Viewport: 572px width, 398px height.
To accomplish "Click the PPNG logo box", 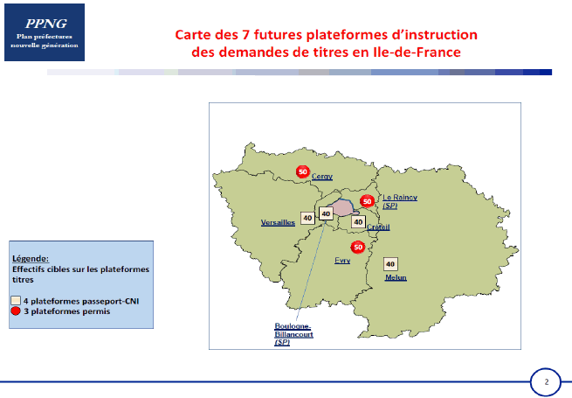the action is pos(45,32).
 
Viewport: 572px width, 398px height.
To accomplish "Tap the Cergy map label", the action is pos(322,177).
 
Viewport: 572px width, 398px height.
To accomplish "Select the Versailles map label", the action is pos(278,222).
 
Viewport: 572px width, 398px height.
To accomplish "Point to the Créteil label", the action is pos(378,227).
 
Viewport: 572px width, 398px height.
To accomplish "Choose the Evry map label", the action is pos(342,261).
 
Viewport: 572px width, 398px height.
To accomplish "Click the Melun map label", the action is pos(396,278).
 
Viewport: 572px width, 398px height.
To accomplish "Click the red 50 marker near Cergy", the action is pos(303,171).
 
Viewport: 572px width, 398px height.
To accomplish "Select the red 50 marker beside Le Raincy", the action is pos(368,201).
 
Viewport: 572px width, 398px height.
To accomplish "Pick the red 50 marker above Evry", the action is pos(358,247).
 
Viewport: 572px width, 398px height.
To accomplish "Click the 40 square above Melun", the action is pos(390,264).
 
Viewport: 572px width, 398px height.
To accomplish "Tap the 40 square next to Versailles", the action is pos(307,218).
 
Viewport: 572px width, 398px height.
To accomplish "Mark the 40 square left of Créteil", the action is pos(358,222).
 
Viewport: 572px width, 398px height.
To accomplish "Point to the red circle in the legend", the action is pos(16,311).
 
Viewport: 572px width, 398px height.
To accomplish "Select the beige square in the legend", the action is pos(16,301).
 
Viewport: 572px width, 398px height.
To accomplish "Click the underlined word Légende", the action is pos(31,258).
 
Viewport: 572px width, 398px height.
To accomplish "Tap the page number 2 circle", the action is pos(546,382).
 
